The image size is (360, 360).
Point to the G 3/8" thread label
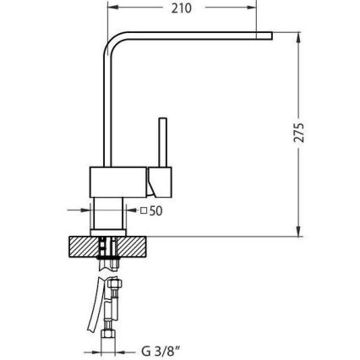coord(160,348)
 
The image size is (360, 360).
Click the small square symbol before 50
coord(144,211)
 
